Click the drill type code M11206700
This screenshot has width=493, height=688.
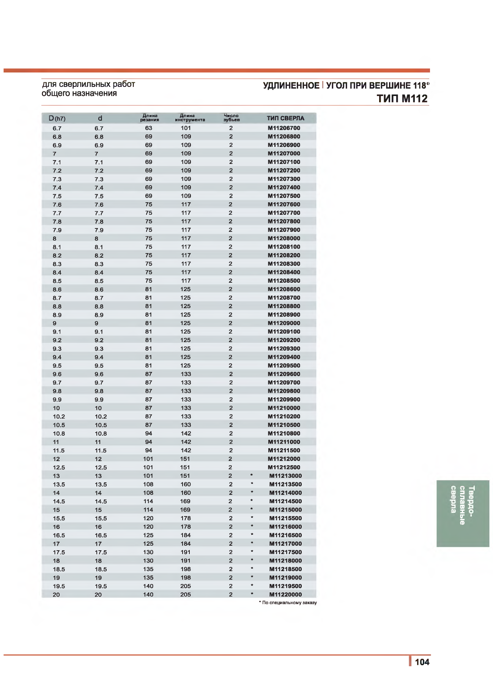click(x=284, y=128)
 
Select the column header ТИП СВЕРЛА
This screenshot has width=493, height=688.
click(x=285, y=118)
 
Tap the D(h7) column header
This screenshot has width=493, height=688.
click(x=57, y=118)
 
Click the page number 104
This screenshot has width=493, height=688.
click(x=422, y=662)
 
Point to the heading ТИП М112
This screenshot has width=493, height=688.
click(x=402, y=99)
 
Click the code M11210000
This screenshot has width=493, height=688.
click(x=284, y=408)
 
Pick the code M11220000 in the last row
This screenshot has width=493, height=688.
click(x=285, y=595)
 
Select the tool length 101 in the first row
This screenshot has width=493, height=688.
click(x=186, y=128)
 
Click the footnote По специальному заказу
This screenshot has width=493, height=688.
click(x=289, y=603)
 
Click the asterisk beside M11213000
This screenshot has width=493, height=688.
click(x=252, y=475)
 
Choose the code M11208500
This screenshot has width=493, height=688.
click(x=284, y=281)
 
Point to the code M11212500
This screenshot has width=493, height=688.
click(x=284, y=468)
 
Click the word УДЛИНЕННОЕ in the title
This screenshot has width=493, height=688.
click(x=291, y=86)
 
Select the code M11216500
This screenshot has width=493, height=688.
click(x=285, y=535)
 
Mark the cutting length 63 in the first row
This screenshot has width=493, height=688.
click(x=148, y=128)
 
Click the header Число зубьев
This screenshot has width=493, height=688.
click(x=231, y=118)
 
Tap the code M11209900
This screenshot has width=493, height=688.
click(x=284, y=400)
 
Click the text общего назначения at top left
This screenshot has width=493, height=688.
click(x=79, y=93)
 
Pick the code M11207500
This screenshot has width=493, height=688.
click(x=284, y=196)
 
